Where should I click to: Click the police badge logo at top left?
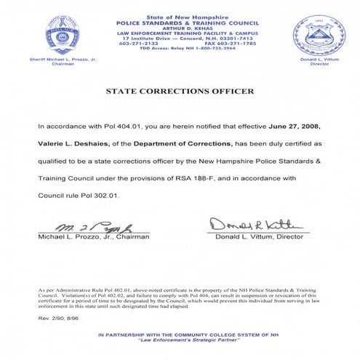tap(52, 33)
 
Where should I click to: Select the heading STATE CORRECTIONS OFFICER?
tap(180, 92)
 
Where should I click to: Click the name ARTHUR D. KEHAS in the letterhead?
tap(179, 26)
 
